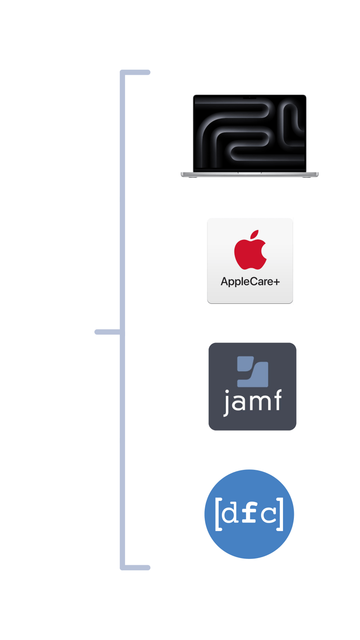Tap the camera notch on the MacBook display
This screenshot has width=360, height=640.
(250, 96)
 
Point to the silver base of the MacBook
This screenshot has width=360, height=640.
(250, 174)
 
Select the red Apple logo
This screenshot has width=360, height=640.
(250, 253)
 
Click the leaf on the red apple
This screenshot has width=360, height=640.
(255, 235)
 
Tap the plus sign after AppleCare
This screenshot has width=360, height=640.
(276, 282)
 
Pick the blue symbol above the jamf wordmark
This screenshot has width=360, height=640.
(252, 372)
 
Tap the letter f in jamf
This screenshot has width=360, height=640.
(276, 400)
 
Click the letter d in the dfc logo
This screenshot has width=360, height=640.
(231, 514)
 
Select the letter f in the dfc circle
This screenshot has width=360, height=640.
(250, 513)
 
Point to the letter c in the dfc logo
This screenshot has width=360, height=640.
(269, 514)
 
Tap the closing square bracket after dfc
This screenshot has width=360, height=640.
(280, 514)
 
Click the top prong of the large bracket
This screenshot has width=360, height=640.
(135, 72)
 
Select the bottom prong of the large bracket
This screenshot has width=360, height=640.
(135, 568)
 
